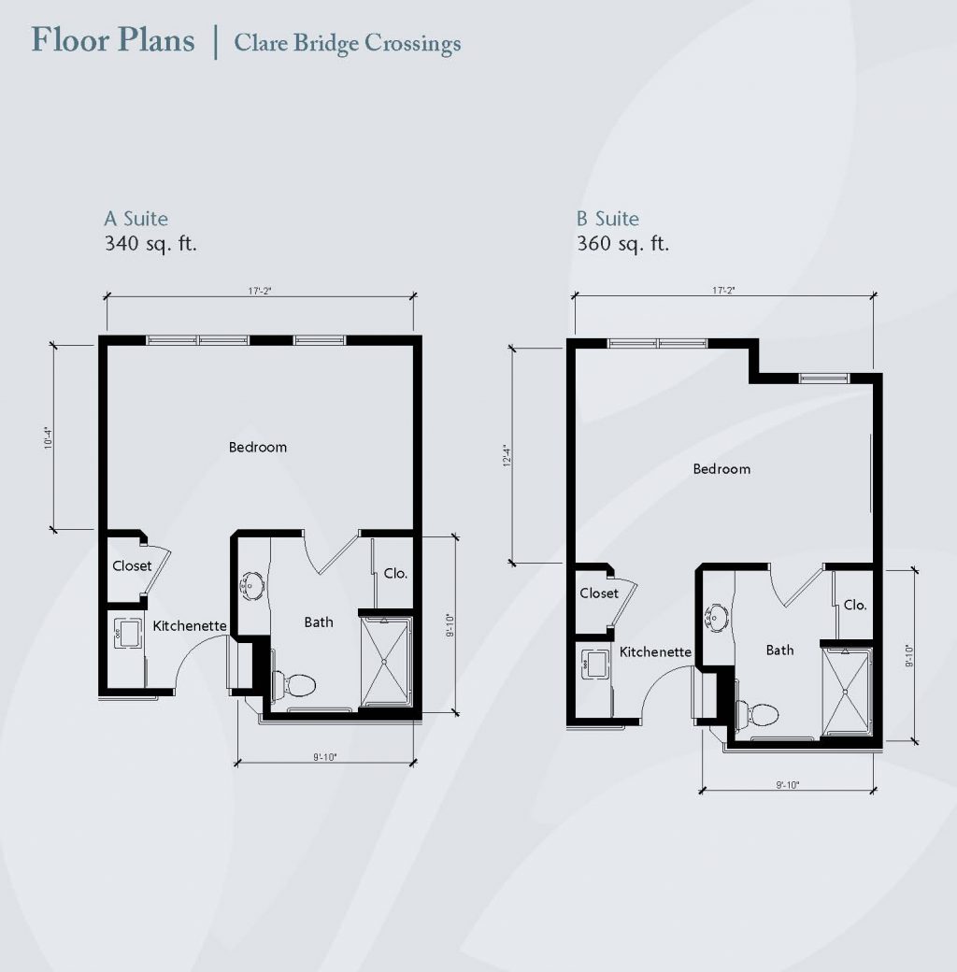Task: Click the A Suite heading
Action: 136,218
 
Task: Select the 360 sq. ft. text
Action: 623,243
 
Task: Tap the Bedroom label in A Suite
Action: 257,447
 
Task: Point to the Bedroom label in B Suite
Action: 721,468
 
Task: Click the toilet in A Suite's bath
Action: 293,685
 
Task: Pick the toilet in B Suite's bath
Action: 757,715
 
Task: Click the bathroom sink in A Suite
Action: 252,584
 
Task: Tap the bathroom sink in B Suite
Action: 716,618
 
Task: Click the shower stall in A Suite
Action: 385,662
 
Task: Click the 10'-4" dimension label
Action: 49,437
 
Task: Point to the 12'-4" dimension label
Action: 507,455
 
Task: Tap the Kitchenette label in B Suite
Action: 655,651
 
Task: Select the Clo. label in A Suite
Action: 395,574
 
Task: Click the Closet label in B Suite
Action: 599,593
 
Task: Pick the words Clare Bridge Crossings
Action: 347,43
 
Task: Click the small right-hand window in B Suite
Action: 823,379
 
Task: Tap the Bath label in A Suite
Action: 319,622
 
